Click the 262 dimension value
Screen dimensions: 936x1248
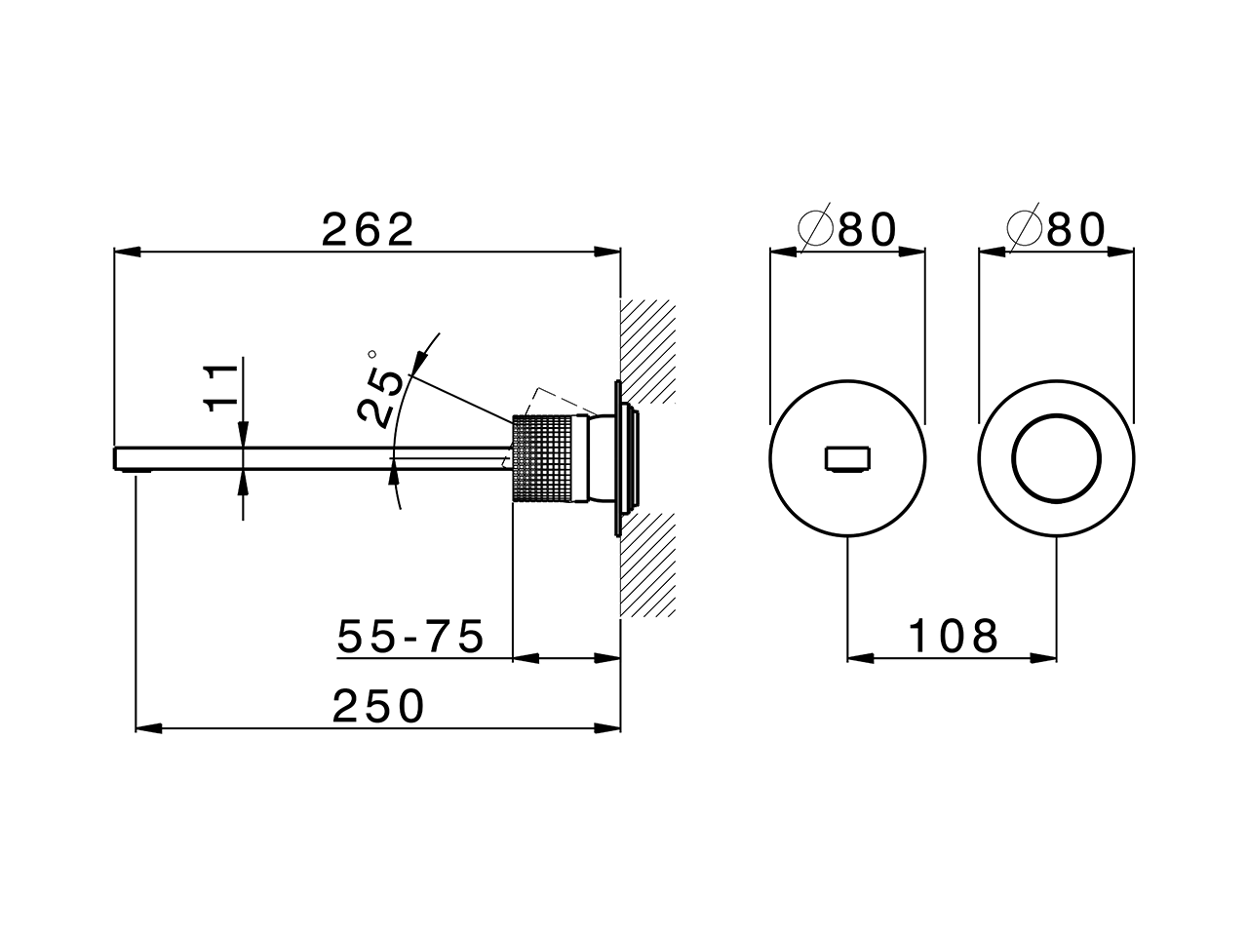pos(369,230)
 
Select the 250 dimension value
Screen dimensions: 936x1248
pos(378,706)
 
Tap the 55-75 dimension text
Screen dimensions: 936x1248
pos(410,637)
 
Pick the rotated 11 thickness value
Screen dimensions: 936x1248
pos(223,387)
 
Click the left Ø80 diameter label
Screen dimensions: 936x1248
pos(846,230)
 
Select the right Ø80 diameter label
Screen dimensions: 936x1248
pos(1057,230)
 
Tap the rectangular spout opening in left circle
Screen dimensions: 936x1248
pos(847,458)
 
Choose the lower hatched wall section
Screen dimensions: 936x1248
pos(647,565)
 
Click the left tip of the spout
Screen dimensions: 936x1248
pos(118,457)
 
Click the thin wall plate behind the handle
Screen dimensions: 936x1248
pos(616,458)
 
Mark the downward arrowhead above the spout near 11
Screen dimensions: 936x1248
pos(241,438)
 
